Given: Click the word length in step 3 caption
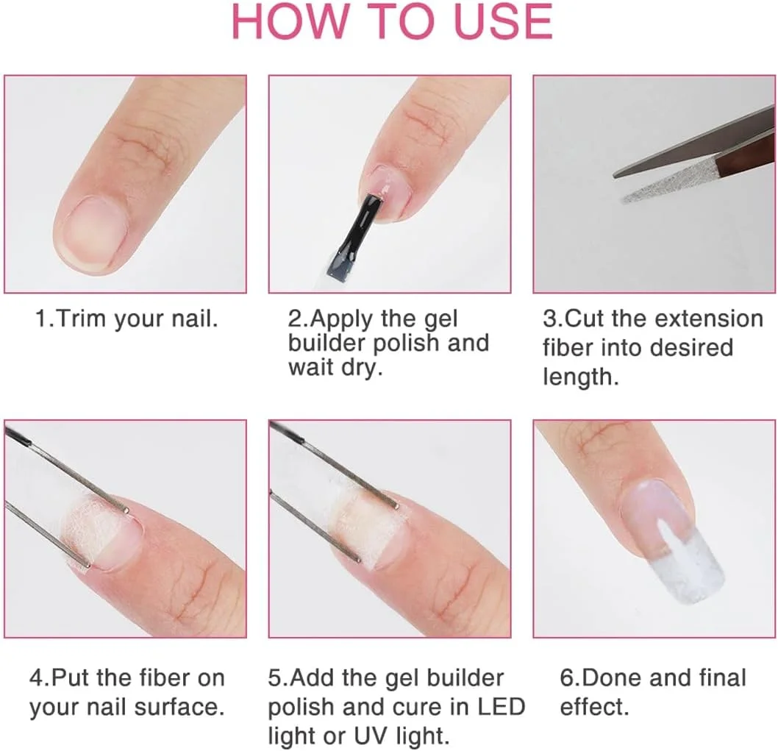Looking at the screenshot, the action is [580, 377].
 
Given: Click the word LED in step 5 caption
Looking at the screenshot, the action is [502, 707].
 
